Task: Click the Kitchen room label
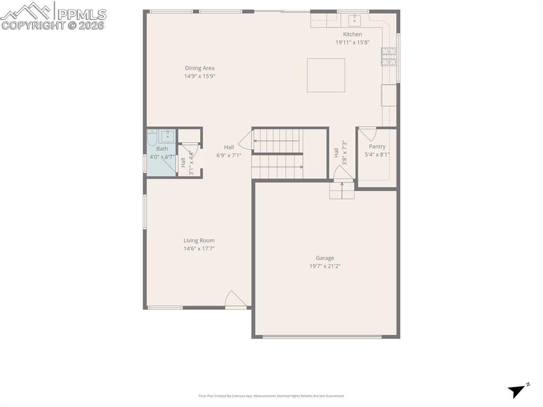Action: point(352,34)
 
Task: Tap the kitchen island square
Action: point(326,75)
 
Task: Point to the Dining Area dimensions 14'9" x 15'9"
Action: point(199,76)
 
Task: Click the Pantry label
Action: point(377,146)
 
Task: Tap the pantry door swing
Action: point(367,134)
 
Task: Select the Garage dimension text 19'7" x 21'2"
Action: point(325,266)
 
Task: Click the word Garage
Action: point(325,258)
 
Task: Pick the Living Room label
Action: point(199,240)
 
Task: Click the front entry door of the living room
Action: point(235,300)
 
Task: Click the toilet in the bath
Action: point(151,140)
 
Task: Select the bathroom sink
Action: point(168,135)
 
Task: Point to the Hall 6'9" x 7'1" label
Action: point(229,151)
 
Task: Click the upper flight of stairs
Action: point(276,141)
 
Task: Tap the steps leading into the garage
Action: point(341,190)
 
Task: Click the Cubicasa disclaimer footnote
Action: point(271,396)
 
